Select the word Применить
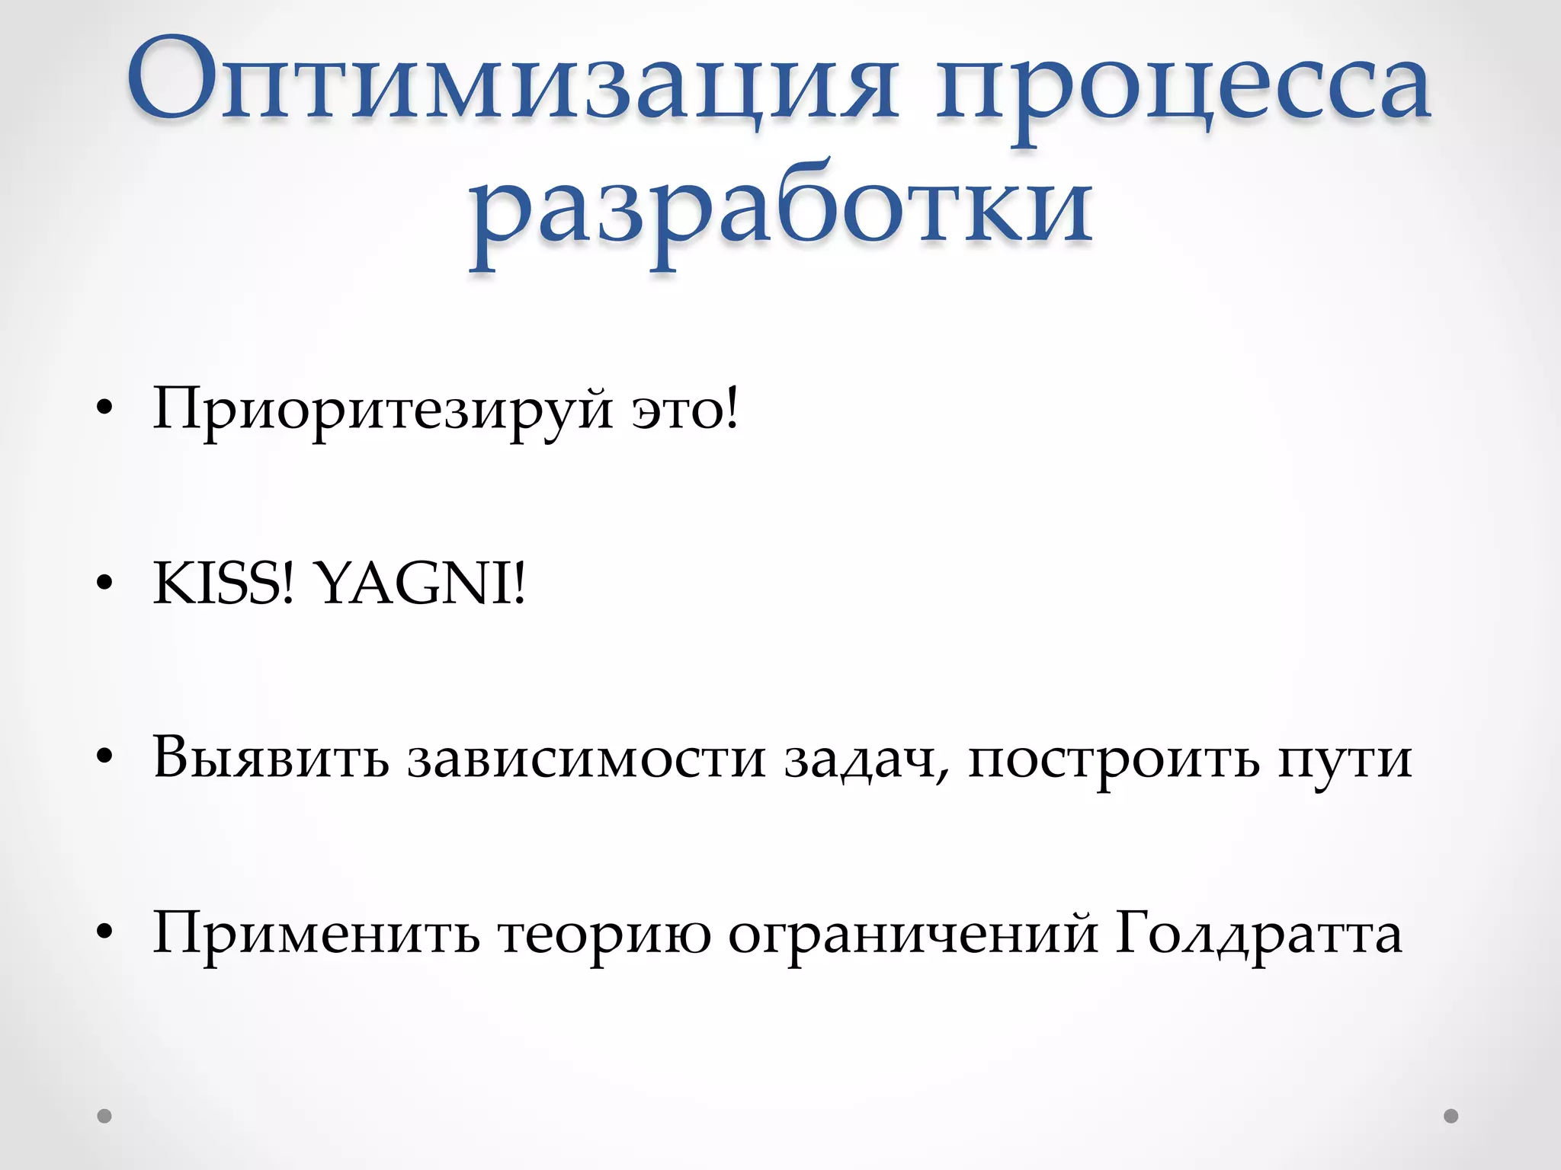coord(316,934)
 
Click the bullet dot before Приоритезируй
coord(105,412)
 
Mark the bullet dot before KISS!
coord(105,586)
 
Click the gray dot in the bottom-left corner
coord(105,1116)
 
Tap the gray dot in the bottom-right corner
coord(1451,1116)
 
